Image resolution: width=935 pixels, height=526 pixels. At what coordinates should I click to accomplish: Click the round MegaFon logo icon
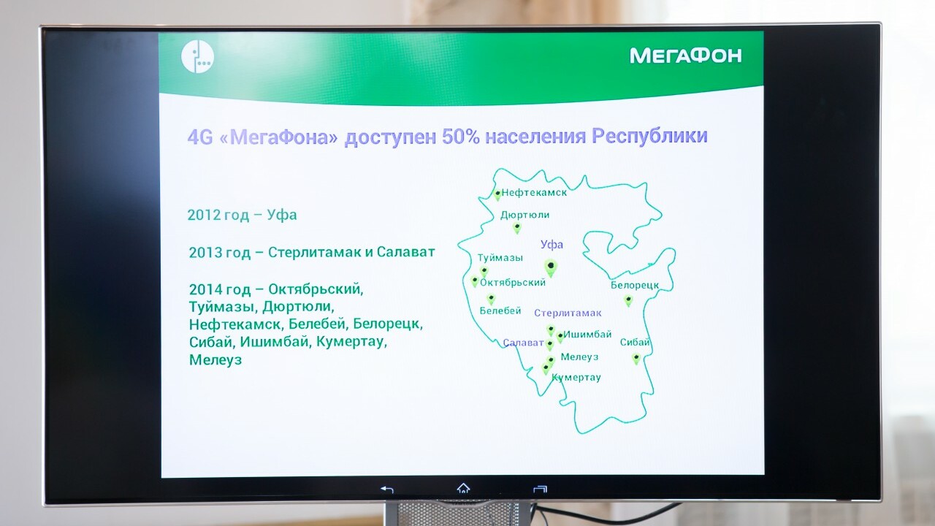click(197, 56)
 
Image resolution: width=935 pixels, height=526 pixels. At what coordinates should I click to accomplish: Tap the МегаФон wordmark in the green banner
click(685, 56)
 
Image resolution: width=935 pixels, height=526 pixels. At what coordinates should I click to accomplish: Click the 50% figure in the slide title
click(461, 137)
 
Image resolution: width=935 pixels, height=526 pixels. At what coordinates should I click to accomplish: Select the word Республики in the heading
click(649, 137)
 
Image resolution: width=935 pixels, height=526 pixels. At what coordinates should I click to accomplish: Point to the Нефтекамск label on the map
click(534, 192)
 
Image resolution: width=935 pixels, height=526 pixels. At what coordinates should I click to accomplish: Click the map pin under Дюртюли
click(517, 228)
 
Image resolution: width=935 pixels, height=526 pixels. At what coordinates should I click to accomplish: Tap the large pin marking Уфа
click(551, 267)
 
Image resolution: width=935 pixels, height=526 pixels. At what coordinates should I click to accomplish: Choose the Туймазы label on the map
click(500, 258)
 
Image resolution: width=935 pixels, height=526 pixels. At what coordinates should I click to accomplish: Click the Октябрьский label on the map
click(513, 283)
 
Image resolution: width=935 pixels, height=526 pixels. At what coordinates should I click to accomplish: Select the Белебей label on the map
click(500, 310)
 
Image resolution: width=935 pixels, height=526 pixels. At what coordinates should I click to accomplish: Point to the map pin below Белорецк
click(628, 300)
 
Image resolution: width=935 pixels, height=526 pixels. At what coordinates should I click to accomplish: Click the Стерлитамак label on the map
click(568, 313)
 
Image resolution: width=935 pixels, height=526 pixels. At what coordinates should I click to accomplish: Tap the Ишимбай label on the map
click(587, 335)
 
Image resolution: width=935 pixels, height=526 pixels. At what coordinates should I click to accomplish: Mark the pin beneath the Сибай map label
click(636, 359)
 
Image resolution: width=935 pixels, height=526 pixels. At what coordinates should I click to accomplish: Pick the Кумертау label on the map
click(576, 378)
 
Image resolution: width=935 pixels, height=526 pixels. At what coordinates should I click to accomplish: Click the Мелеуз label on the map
click(579, 357)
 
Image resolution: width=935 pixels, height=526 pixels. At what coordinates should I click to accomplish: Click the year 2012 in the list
click(204, 215)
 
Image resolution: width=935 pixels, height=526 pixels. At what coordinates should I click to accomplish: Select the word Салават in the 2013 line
click(405, 252)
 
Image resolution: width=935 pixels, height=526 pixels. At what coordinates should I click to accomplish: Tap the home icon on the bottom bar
click(463, 488)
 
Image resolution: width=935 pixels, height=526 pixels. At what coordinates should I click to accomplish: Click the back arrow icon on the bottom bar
click(387, 489)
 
